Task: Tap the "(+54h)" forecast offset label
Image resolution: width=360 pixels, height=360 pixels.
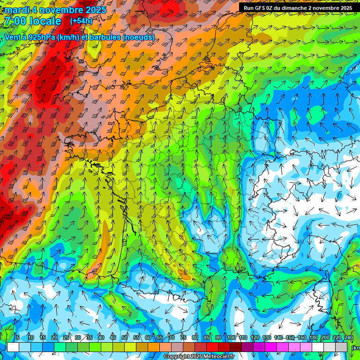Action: point(81,21)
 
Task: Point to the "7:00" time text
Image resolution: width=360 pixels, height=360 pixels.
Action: point(15,21)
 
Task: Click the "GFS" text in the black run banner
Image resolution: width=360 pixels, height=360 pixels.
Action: point(262,8)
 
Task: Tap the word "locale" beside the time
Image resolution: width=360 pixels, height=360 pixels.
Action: point(45,21)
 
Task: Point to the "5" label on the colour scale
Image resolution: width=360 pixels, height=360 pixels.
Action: point(18,337)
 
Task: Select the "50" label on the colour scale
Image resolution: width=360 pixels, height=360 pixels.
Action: point(125,337)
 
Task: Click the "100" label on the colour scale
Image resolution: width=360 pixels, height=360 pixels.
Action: point(231,337)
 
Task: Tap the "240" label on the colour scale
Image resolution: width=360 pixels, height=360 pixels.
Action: point(348,337)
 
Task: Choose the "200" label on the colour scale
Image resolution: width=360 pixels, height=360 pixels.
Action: point(325,337)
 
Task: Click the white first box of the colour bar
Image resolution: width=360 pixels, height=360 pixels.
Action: point(13,347)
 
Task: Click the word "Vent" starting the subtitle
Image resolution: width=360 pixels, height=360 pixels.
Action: point(12,37)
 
